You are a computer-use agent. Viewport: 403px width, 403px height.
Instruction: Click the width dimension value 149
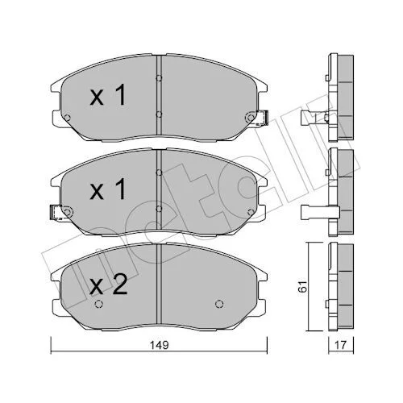coord(160,345)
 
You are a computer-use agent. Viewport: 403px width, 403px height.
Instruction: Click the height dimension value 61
coord(302,287)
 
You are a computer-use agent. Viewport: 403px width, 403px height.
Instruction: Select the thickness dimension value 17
coord(341,345)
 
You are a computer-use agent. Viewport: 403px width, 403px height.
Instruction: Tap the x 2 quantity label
coord(108,285)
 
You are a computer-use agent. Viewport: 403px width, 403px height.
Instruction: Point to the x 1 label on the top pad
coord(108,94)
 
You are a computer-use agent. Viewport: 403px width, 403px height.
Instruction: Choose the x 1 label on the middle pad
coord(108,189)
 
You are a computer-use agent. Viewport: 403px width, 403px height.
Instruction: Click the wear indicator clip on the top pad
coord(263,118)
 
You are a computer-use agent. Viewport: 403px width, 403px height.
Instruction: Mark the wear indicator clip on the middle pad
coord(56,213)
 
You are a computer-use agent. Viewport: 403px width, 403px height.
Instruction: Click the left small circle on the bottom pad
coord(99,304)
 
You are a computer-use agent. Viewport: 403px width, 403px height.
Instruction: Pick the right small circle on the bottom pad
coord(219,304)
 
